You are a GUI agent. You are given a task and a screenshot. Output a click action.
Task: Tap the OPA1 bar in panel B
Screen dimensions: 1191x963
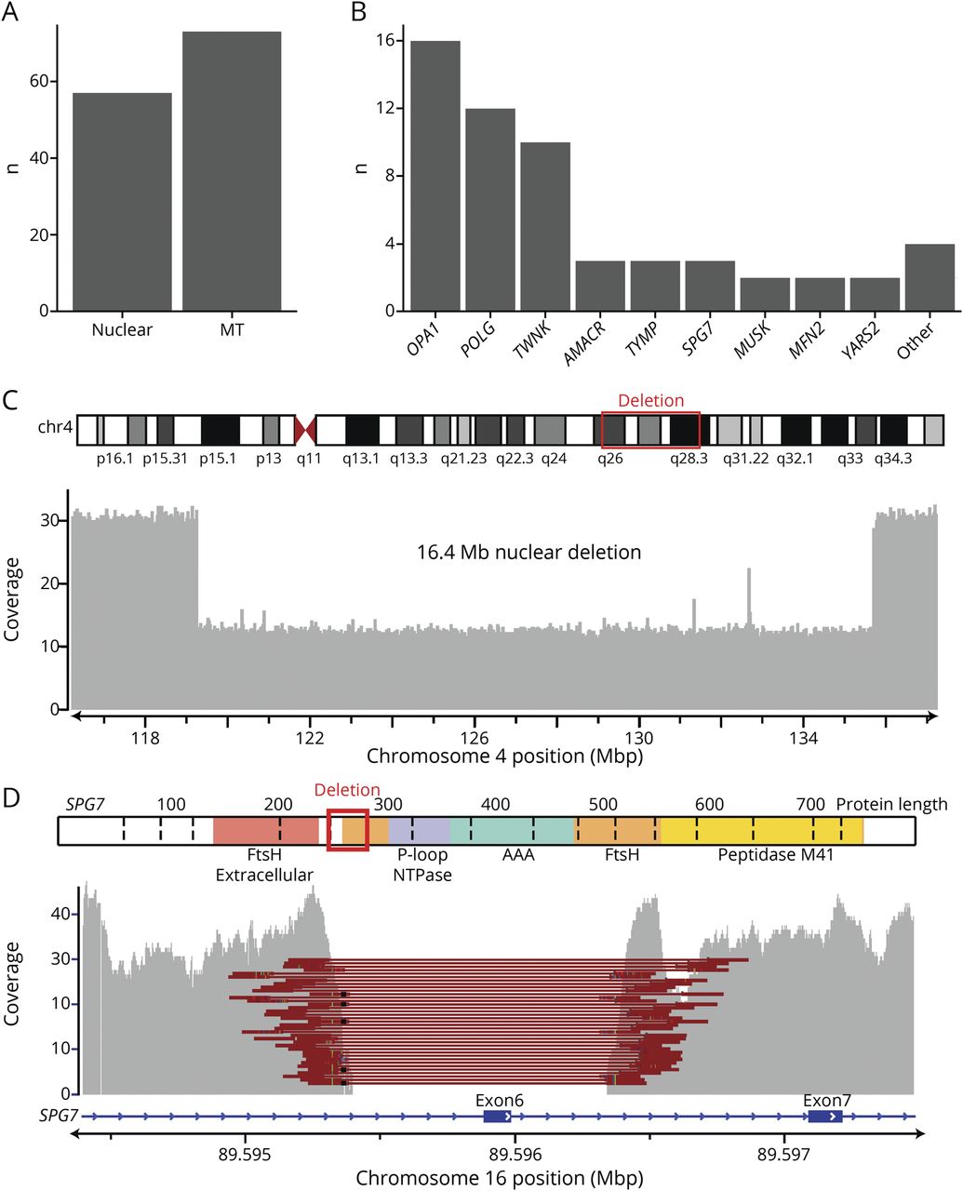(435, 176)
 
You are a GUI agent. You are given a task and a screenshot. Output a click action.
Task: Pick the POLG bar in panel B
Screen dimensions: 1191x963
(490, 209)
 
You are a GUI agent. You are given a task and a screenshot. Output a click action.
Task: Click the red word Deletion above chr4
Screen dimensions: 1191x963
(650, 401)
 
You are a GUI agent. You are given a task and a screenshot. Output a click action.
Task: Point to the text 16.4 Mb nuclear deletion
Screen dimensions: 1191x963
(528, 552)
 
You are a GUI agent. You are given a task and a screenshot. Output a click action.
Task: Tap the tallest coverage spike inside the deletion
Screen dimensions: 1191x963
(748, 595)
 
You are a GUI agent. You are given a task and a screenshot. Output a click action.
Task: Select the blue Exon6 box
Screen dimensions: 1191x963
(497, 1116)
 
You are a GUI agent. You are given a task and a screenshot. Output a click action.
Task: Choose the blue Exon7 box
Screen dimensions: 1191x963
(824, 1116)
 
